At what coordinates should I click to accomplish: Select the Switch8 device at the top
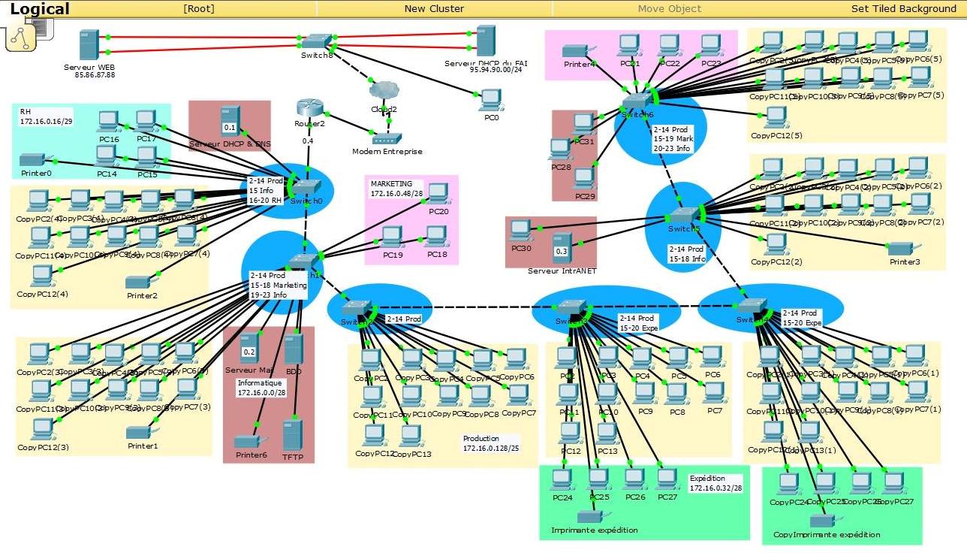pyautogui.click(x=317, y=40)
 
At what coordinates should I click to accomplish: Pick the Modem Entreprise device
pyautogui.click(x=387, y=138)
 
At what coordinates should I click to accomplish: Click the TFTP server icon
pyautogui.click(x=292, y=435)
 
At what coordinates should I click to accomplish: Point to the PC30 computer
pyautogui.click(x=520, y=231)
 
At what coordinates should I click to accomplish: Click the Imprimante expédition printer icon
pyautogui.click(x=589, y=517)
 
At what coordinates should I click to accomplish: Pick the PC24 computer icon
pyautogui.click(x=561, y=479)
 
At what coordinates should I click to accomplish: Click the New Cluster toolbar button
pyautogui.click(x=434, y=8)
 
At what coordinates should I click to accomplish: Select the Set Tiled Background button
pyautogui.click(x=903, y=8)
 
